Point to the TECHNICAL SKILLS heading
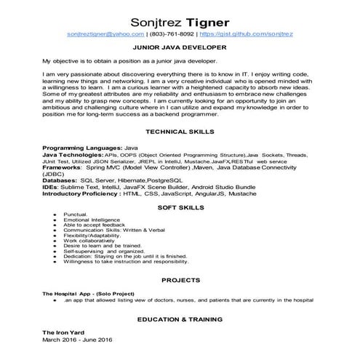(180, 132)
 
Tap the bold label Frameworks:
(63, 167)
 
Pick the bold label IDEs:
(52, 188)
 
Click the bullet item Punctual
(75, 216)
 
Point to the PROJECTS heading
(180, 279)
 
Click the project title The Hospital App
(69, 293)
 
